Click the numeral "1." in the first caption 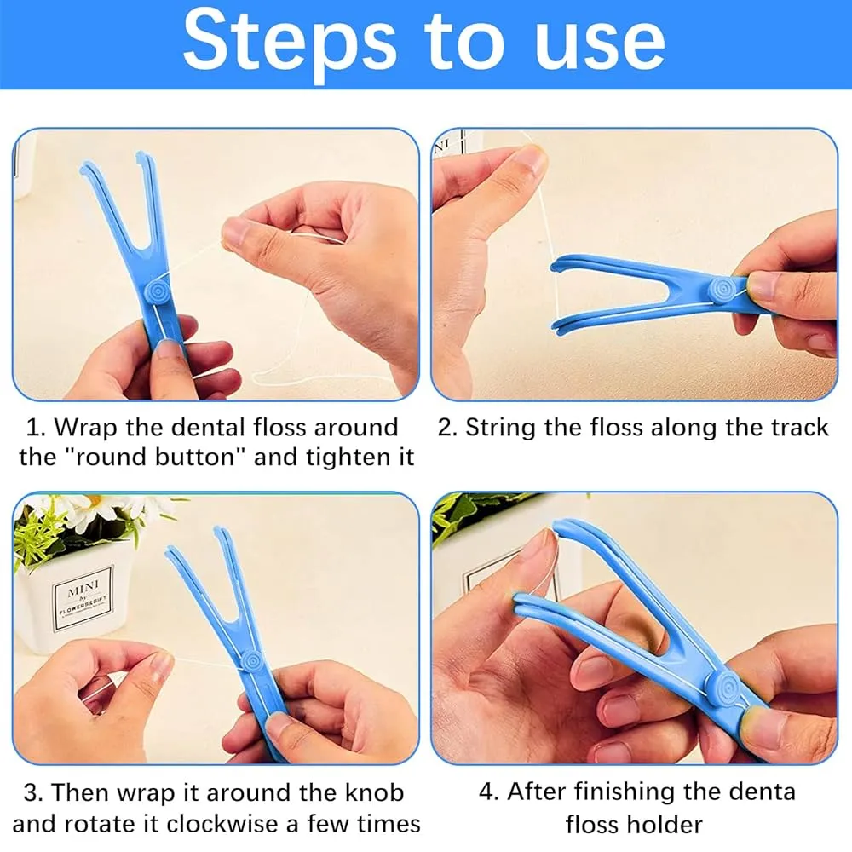[37, 428]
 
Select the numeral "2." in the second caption [448, 428]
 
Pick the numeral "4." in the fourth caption [488, 792]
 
